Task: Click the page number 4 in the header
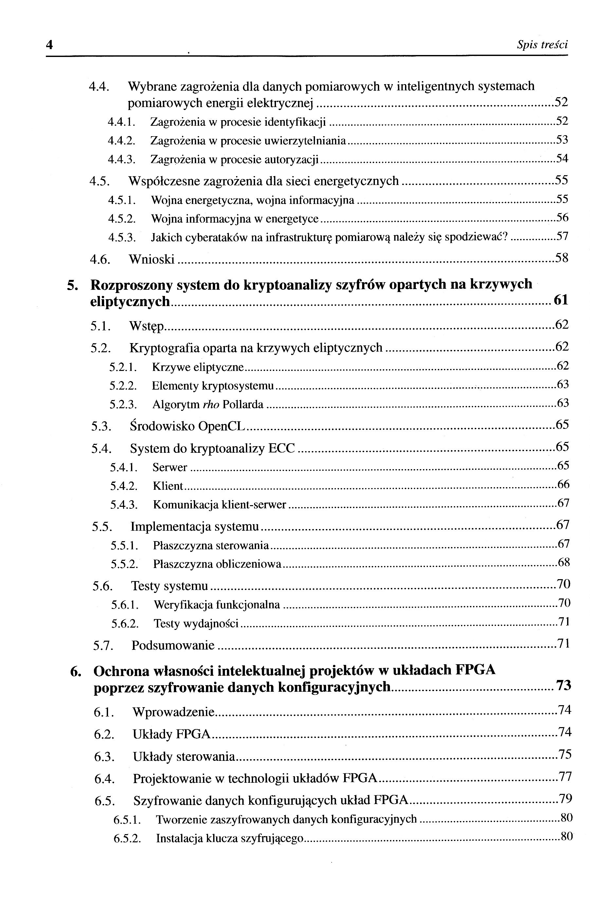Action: tap(49, 45)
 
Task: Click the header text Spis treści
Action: tap(542, 45)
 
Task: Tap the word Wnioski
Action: tap(152, 260)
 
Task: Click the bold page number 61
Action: tap(561, 300)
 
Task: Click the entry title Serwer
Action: tap(170, 467)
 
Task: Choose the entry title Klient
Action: tap(168, 486)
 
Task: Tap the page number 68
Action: tap(563, 562)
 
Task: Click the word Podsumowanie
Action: tap(173, 645)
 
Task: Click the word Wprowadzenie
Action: tap(173, 712)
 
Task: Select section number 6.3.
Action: tap(104, 757)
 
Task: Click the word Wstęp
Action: tap(147, 326)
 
